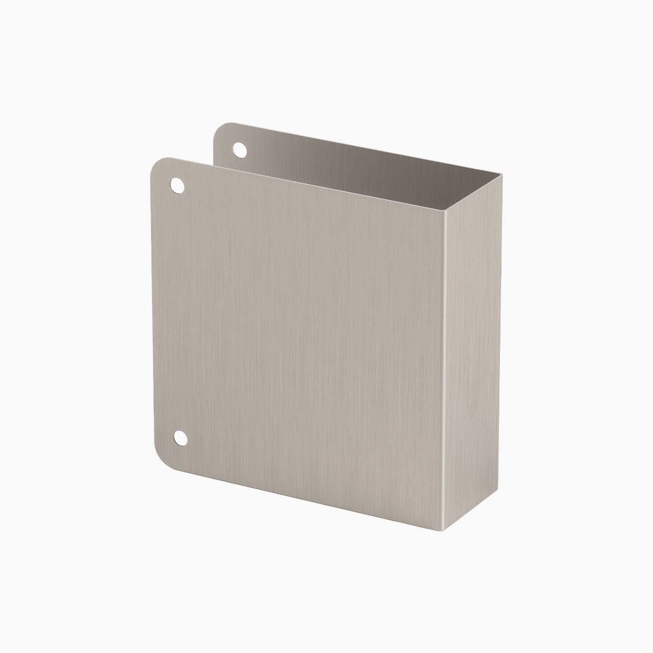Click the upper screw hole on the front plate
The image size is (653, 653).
pos(177,185)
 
